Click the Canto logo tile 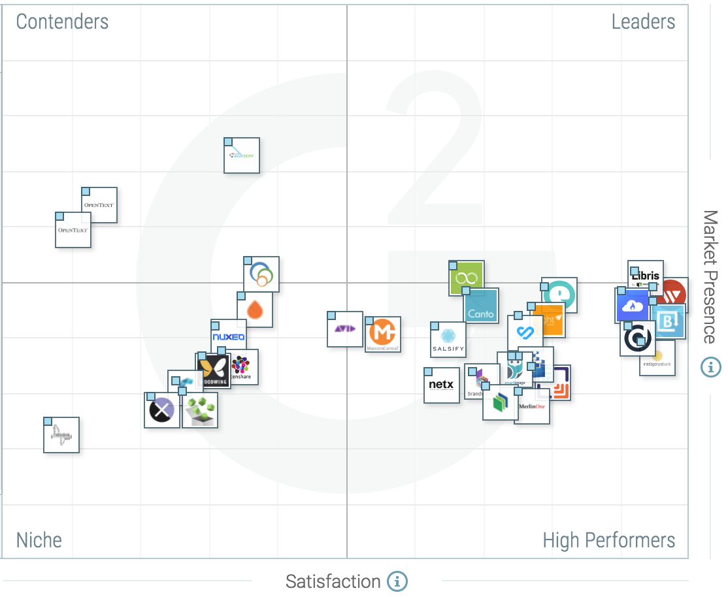(482, 306)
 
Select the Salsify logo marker (448, 340)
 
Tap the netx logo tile (442, 385)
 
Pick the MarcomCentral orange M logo (383, 334)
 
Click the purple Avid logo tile (345, 329)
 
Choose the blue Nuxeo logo (229, 337)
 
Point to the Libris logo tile (646, 276)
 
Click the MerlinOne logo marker (532, 408)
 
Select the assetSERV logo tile (242, 155)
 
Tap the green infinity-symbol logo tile (467, 279)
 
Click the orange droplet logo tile (255, 310)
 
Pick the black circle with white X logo (161, 410)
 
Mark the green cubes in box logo (200, 411)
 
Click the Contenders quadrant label (62, 22)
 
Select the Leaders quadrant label (643, 22)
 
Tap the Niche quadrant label (39, 540)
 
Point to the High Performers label (609, 540)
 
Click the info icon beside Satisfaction (397, 581)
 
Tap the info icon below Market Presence (710, 367)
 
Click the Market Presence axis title (710, 277)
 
